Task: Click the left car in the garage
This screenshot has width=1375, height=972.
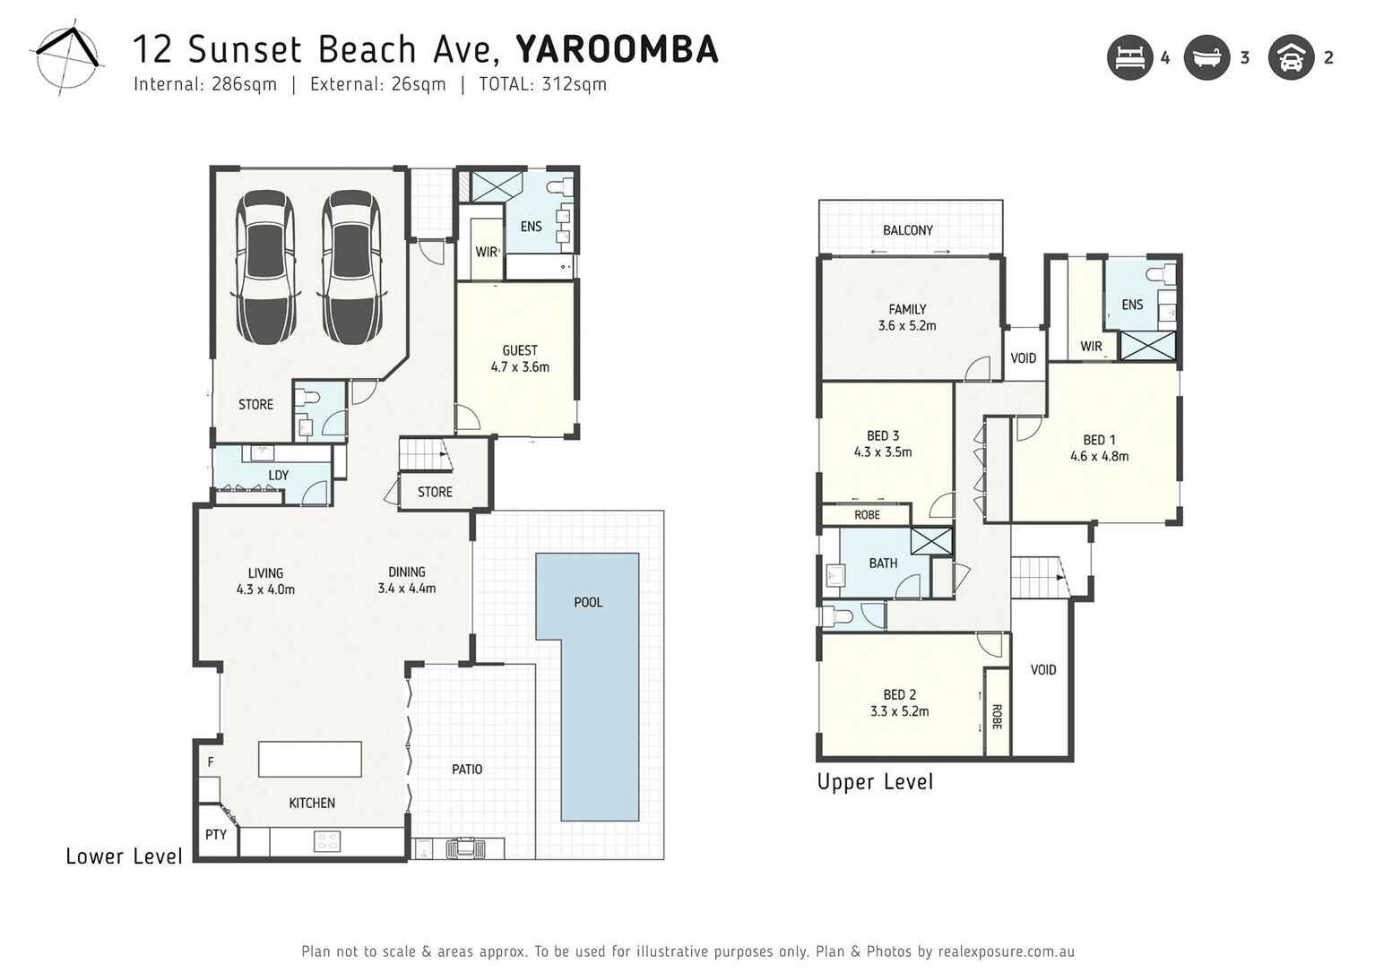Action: [265, 267]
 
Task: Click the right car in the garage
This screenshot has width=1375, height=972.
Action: [351, 267]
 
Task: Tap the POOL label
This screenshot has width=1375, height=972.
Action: [588, 602]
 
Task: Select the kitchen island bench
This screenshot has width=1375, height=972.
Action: [310, 759]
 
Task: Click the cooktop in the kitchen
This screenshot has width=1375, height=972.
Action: [327, 841]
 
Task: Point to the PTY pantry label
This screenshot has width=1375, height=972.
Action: [216, 834]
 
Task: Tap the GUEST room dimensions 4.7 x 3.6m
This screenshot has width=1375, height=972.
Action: [520, 366]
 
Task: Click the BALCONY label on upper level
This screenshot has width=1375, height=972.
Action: [907, 230]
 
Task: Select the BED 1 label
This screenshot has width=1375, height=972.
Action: [1099, 440]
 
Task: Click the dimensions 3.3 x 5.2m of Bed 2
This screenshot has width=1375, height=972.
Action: [899, 711]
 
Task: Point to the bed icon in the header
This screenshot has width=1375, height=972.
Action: [1129, 58]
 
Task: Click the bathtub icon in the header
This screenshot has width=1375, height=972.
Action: [1206, 58]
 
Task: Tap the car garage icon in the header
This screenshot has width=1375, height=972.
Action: [1291, 58]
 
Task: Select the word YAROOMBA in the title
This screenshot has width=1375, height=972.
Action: [617, 49]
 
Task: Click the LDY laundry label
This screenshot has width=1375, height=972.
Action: [278, 475]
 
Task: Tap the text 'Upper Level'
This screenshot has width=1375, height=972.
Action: [875, 782]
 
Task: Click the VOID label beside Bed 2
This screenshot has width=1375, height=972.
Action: [1042, 669]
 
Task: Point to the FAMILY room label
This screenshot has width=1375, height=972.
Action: [907, 309]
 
